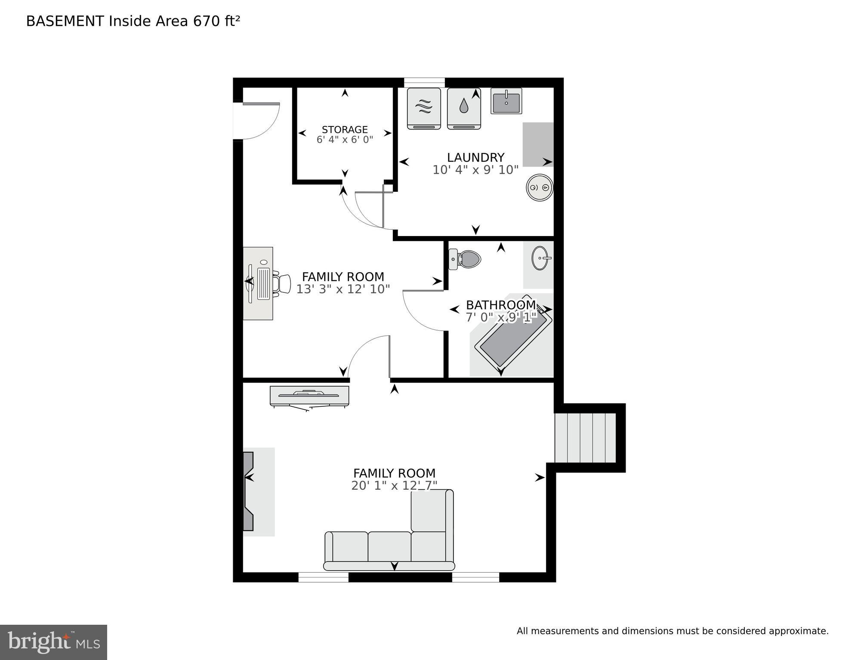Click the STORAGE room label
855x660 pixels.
345,129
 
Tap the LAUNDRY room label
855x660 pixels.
475,157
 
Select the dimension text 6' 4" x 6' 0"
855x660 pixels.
345,140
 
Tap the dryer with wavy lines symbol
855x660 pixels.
424,108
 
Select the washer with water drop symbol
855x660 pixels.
463,108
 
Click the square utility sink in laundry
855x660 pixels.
506,101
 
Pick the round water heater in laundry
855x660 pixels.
540,187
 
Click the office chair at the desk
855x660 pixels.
283,284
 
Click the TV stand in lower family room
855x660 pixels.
309,396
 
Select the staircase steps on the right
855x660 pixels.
585,438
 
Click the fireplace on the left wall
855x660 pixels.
249,491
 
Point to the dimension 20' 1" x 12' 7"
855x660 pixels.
394,486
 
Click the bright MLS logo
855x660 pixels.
53,642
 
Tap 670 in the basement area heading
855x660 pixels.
207,21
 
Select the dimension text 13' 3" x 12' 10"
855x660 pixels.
343,289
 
